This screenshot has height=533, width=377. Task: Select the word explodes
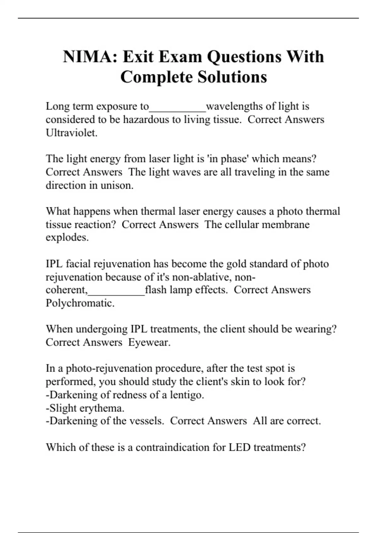coord(67,237)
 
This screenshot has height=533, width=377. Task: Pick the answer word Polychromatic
coord(80,303)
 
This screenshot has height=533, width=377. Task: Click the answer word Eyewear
coord(149,342)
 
